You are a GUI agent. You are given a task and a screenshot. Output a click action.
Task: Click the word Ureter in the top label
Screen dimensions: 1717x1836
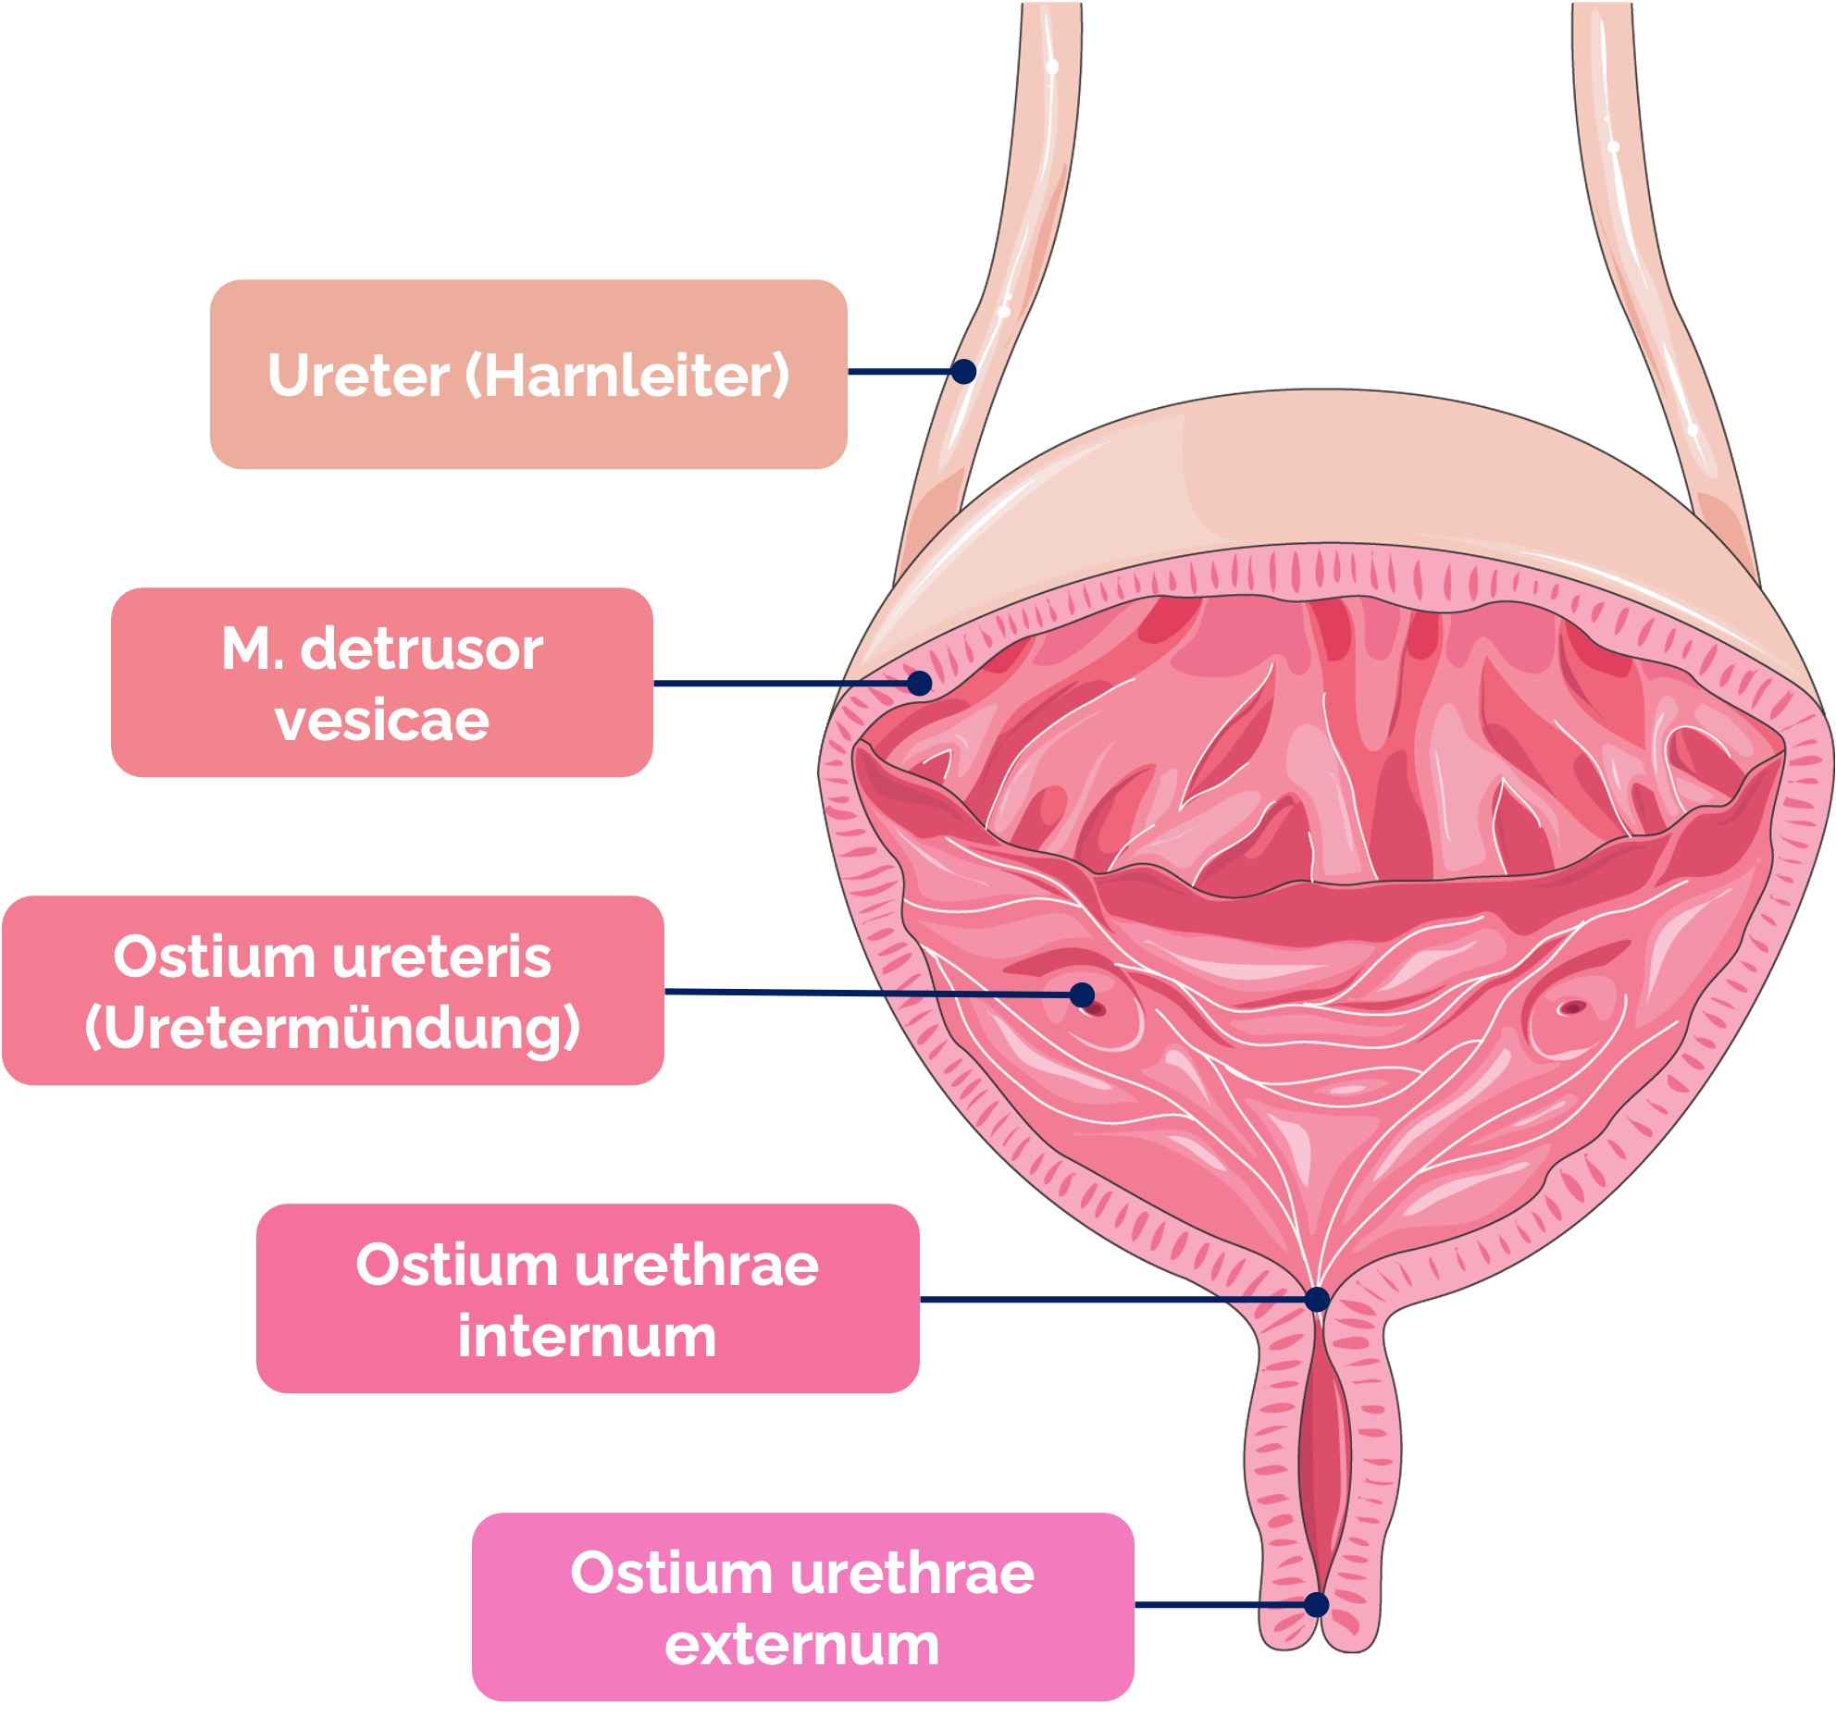click(358, 376)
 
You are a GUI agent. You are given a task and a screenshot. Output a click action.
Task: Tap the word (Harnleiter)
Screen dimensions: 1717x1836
click(627, 376)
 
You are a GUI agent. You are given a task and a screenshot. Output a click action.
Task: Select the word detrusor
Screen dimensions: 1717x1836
click(422, 649)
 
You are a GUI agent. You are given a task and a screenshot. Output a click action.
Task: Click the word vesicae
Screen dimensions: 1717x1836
click(381, 721)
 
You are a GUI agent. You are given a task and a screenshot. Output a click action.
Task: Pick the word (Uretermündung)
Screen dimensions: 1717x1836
click(332, 1028)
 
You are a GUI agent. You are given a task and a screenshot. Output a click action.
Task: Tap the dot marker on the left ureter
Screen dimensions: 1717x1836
click(963, 371)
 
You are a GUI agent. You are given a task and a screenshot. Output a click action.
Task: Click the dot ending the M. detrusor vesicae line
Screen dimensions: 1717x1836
click(919, 684)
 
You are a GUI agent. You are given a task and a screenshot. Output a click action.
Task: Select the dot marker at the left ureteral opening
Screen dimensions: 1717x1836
click(1082, 995)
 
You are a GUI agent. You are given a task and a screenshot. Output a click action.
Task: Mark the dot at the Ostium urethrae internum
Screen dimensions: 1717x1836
click(1317, 1300)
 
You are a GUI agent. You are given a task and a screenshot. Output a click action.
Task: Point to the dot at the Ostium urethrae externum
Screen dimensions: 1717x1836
click(1316, 1605)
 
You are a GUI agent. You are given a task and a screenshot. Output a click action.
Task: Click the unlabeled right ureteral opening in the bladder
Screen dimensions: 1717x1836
click(1570, 1007)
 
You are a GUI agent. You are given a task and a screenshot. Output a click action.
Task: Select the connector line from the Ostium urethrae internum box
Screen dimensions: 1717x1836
click(1110, 1300)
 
